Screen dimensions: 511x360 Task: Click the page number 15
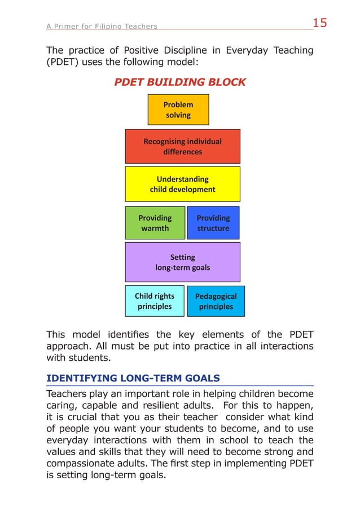pyautogui.click(x=319, y=23)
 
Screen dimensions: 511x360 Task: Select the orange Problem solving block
pyautogui.click(x=178, y=110)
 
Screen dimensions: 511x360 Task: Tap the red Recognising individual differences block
pyautogui.click(x=182, y=146)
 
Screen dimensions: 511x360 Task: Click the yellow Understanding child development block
pyautogui.click(x=182, y=184)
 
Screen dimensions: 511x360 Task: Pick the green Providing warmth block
pyautogui.click(x=155, y=222)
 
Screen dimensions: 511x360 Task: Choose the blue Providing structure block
pyautogui.click(x=213, y=222)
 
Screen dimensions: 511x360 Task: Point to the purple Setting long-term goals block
pyautogui.click(x=182, y=262)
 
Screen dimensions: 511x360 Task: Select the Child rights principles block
pyautogui.click(x=155, y=301)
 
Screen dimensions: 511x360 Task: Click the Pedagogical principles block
pyautogui.click(x=216, y=301)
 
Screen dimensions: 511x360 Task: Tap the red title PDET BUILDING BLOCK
pyautogui.click(x=180, y=82)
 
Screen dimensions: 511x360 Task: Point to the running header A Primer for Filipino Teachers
pyautogui.click(x=102, y=26)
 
